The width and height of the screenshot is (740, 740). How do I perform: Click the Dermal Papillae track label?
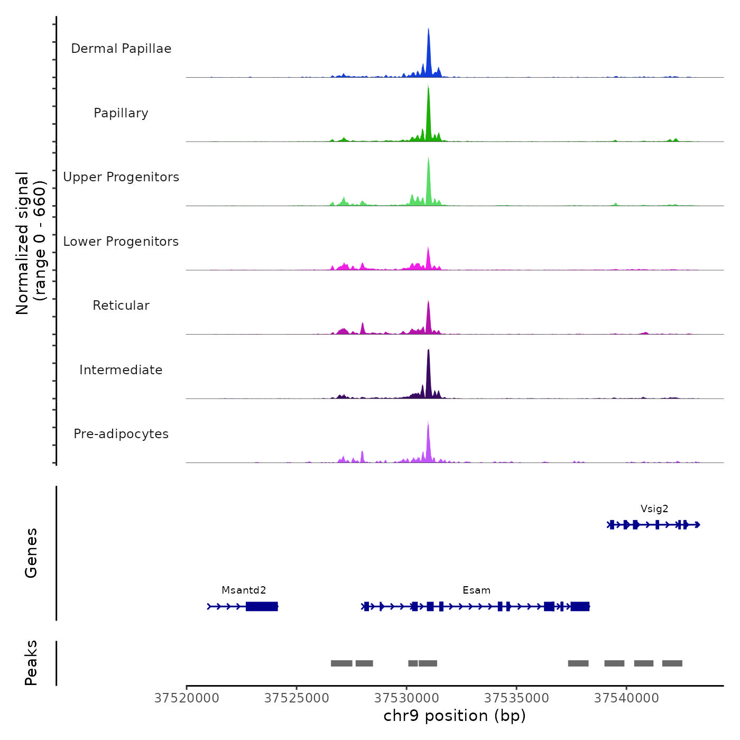[x=121, y=49]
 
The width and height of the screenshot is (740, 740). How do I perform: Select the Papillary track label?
[x=121, y=113]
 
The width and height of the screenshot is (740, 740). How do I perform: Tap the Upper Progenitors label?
[x=121, y=177]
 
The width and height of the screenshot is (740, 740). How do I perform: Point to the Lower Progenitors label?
[x=121, y=242]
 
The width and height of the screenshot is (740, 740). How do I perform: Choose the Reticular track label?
[x=121, y=306]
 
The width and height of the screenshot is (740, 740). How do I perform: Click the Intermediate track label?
[x=121, y=370]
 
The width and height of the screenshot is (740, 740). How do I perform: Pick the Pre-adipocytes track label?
[x=121, y=434]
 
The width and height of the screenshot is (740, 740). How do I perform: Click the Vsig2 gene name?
[x=654, y=509]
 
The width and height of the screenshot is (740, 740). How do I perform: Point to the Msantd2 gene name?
[x=244, y=590]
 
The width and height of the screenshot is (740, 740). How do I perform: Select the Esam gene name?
[x=476, y=590]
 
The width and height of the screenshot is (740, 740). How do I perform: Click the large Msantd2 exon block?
[x=262, y=606]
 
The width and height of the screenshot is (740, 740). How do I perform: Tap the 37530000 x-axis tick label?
[x=406, y=698]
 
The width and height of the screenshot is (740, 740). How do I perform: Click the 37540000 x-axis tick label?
[x=626, y=698]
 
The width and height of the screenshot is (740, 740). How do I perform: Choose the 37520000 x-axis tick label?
[x=187, y=698]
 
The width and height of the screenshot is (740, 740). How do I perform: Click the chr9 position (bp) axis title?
[x=455, y=716]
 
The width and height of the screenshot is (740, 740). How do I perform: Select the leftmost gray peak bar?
[x=341, y=663]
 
